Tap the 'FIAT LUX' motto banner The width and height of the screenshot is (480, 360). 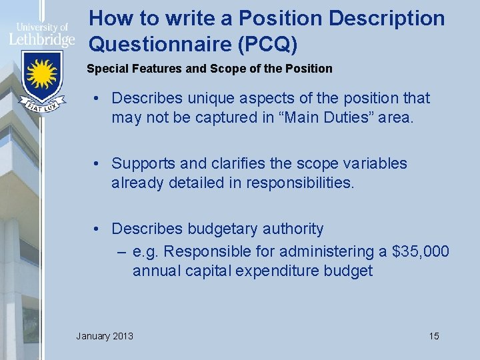[41, 105]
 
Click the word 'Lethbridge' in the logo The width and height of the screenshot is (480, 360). [41, 39]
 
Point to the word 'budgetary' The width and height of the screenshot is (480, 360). [220, 229]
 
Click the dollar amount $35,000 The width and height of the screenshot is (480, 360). [421, 251]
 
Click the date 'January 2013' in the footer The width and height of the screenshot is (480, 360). [105, 335]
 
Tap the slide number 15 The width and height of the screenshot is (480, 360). [434, 335]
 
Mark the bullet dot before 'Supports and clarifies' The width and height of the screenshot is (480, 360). [97, 163]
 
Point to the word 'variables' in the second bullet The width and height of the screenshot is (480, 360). [373, 163]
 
